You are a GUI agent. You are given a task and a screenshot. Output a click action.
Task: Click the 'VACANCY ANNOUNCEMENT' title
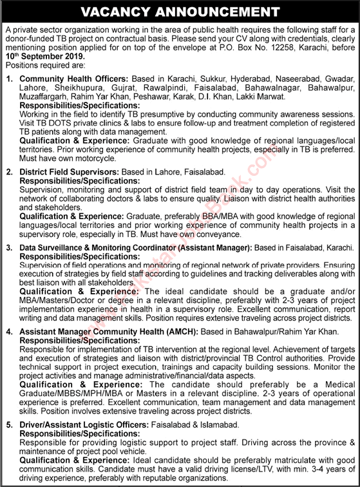point(180,12)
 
